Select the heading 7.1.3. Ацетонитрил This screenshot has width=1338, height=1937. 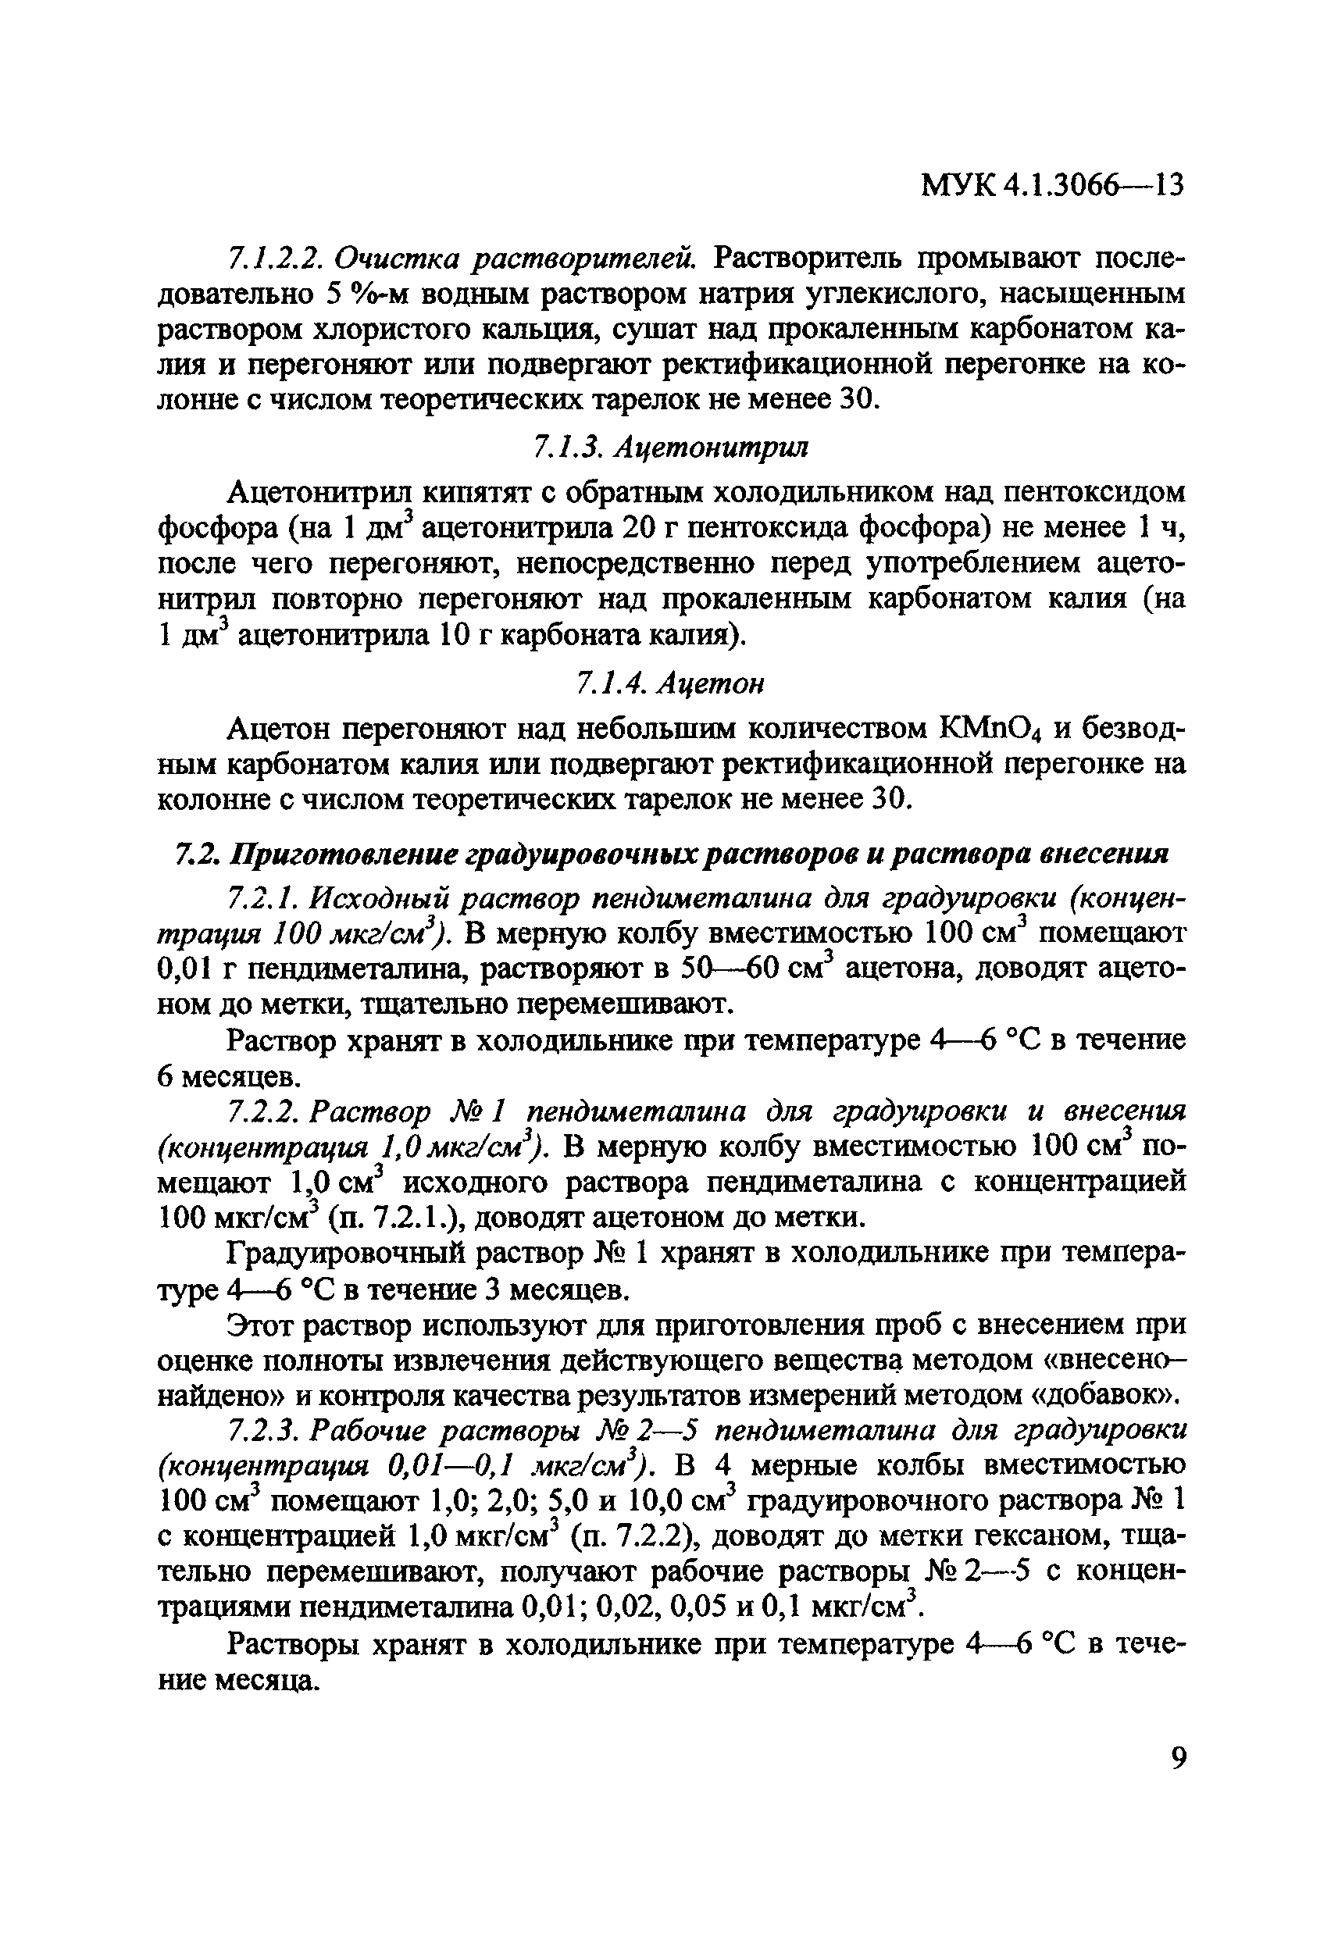pos(671,448)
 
